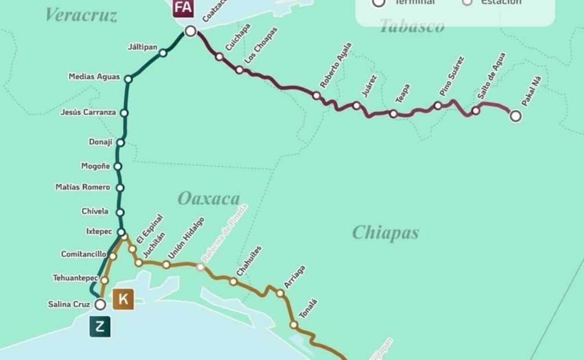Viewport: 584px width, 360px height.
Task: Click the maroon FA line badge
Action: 183,8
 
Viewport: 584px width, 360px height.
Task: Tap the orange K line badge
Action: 124,300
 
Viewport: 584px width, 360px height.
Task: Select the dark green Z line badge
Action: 100,327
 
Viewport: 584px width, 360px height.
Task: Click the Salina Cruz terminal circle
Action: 100,304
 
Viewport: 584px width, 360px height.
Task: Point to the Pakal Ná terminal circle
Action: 515,116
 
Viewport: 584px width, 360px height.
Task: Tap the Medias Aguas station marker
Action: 128,79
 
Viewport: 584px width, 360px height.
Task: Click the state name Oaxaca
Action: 208,199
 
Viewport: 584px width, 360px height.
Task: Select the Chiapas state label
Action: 385,233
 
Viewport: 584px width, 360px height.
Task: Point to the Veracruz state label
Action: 81,15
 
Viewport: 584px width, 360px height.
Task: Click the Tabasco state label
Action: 412,26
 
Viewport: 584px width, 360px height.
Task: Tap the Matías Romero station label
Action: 82,188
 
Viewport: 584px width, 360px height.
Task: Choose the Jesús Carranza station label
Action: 88,113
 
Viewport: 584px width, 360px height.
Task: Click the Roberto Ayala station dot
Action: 316,95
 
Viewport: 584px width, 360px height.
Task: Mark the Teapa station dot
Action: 394,114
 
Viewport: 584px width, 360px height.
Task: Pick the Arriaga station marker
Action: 280,293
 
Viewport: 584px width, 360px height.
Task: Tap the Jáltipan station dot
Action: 163,53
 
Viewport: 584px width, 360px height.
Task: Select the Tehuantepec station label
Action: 75,278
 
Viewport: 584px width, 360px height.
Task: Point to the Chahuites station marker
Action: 233,282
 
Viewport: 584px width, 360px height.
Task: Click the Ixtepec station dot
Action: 121,232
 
